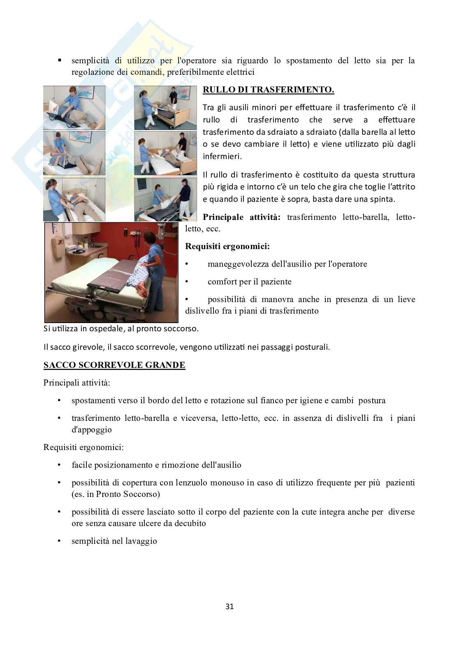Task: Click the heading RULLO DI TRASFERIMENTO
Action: click(x=268, y=90)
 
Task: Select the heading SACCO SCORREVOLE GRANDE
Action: click(x=114, y=365)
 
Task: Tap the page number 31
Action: click(x=229, y=606)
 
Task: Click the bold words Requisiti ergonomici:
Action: click(x=227, y=247)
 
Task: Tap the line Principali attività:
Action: click(x=77, y=383)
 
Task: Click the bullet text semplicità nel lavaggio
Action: click(x=114, y=541)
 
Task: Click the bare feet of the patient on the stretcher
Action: click(x=142, y=290)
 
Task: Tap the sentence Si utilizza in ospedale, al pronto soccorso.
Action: click(x=121, y=329)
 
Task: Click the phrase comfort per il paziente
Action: click(x=250, y=282)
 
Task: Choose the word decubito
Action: click(x=190, y=523)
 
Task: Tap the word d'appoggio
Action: click(x=92, y=430)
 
